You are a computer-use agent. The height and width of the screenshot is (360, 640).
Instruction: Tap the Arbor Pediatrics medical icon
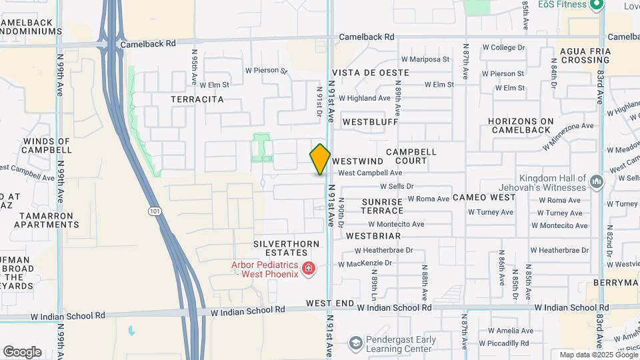point(308,269)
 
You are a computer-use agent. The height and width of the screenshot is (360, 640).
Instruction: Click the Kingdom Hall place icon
point(596,181)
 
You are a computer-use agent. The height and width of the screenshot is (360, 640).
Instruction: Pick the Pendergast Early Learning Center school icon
point(356,344)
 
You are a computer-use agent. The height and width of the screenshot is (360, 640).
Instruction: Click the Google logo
point(22,351)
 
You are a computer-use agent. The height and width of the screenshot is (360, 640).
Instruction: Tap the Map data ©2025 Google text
point(598,355)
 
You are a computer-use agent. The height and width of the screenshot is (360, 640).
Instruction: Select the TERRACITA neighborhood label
point(197,99)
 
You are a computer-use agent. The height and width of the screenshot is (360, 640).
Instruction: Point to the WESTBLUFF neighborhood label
point(370,123)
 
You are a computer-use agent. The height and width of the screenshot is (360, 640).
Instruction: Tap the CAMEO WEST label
point(484,197)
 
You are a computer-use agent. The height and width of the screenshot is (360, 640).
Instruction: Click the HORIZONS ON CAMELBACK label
point(521,125)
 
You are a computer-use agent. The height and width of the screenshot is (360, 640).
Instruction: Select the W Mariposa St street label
point(429,59)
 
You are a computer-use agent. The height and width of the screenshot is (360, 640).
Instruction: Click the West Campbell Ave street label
point(370,173)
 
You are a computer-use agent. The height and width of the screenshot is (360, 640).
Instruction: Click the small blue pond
point(131,331)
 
